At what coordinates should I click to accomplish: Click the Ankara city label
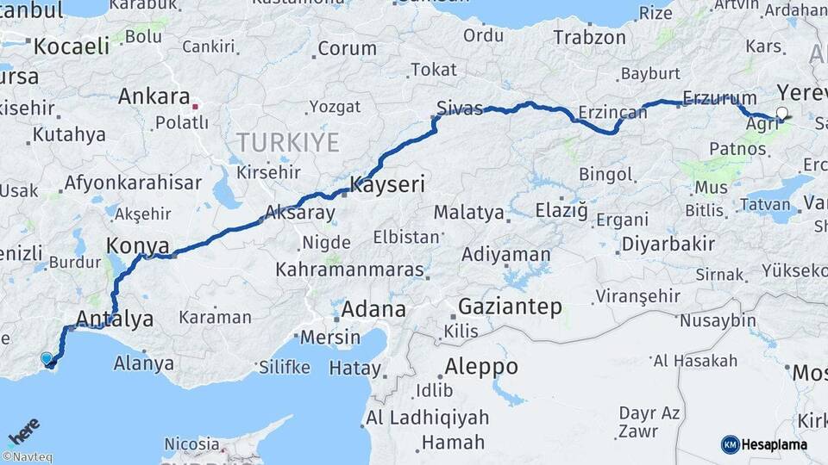click(154, 96)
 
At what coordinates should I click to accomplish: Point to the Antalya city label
click(115, 319)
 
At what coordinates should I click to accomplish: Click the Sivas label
click(460, 108)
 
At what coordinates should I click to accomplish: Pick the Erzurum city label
click(718, 97)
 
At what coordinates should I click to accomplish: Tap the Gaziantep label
click(510, 306)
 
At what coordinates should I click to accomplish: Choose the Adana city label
click(373, 309)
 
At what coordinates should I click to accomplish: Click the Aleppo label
click(481, 367)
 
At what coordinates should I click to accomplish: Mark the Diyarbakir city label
click(668, 244)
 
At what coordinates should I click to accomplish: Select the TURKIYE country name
click(288, 142)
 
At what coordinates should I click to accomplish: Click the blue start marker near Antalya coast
click(47, 358)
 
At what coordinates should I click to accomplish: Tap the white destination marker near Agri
click(782, 113)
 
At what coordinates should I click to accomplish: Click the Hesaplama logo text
click(775, 444)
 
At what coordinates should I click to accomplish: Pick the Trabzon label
click(589, 37)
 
